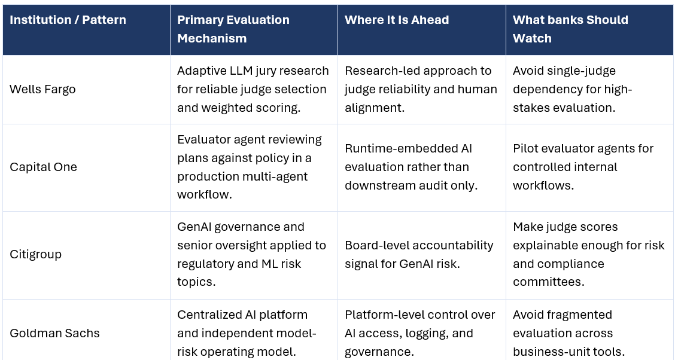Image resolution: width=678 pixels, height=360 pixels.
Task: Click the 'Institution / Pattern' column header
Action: click(68, 20)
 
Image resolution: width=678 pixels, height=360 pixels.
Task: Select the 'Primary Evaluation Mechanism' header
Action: click(233, 29)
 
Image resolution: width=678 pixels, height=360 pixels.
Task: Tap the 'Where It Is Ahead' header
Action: click(397, 20)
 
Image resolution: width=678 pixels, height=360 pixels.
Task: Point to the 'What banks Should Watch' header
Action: click(570, 29)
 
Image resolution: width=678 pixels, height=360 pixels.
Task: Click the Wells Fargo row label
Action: click(43, 90)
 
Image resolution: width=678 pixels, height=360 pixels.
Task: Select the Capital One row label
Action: click(43, 167)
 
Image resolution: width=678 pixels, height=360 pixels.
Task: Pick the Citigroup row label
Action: click(35, 255)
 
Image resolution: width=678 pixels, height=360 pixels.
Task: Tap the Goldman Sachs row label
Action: click(54, 333)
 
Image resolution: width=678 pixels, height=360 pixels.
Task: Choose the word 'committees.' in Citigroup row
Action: click(549, 282)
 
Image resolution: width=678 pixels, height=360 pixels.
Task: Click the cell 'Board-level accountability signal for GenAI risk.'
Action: click(419, 255)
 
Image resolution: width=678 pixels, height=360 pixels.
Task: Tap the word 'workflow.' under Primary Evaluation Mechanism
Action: click(205, 194)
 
